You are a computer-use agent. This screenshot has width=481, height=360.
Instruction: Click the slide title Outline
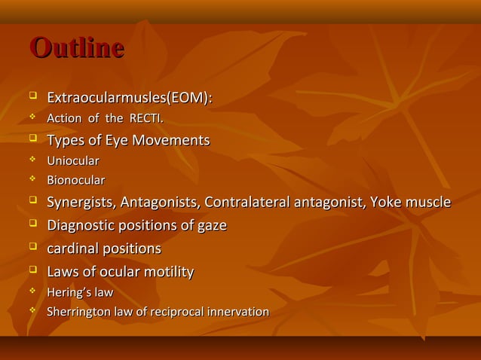point(76,47)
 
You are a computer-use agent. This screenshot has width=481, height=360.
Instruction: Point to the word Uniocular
point(73,161)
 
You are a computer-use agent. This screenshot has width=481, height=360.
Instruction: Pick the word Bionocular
point(76,181)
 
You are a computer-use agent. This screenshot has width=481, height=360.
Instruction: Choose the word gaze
point(211,226)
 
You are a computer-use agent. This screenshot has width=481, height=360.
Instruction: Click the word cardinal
point(72,249)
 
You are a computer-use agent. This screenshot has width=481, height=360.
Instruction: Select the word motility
point(168,272)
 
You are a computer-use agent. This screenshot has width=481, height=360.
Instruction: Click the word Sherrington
point(78,312)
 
